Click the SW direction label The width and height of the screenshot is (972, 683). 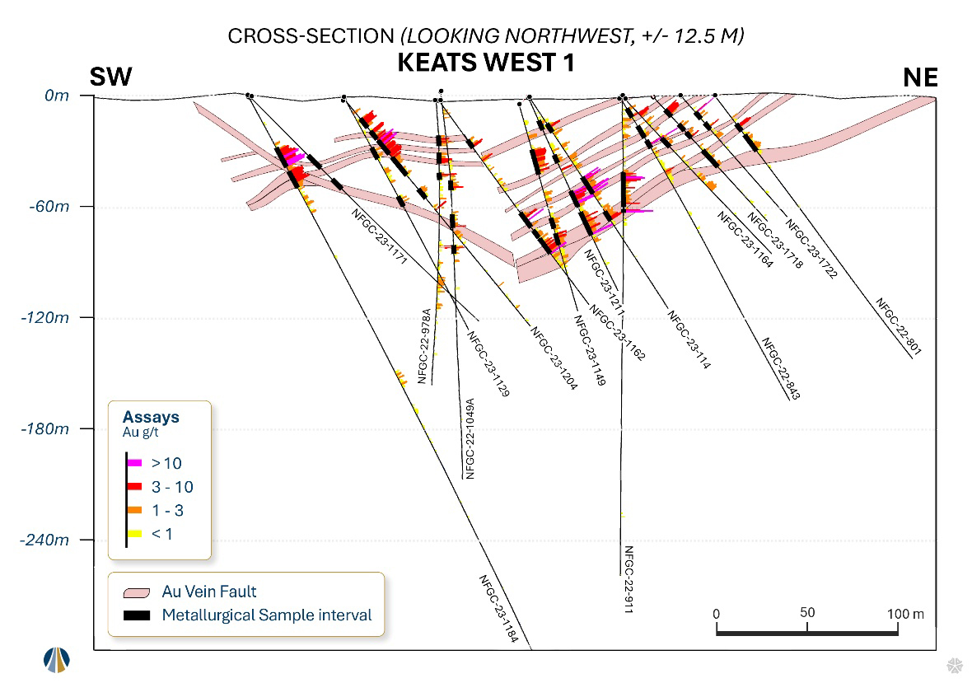point(111,77)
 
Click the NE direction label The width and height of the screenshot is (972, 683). point(920,77)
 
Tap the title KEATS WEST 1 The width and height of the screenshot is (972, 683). point(485,63)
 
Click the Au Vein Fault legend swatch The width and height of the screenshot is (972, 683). point(137,592)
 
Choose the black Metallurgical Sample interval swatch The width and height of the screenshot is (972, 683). point(137,615)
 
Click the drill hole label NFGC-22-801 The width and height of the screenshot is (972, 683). point(899,327)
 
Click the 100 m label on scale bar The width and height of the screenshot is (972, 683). point(904,614)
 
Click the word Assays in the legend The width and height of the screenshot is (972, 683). point(151,418)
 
